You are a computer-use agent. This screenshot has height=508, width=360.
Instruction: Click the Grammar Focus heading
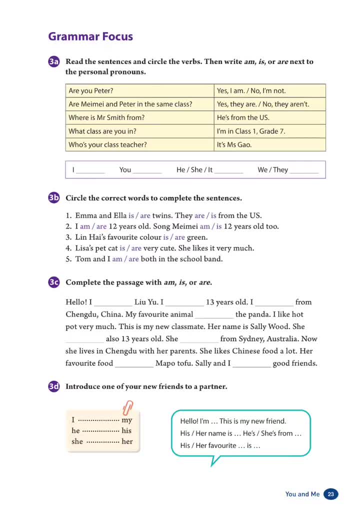click(x=90, y=36)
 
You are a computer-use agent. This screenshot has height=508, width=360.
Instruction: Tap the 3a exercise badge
click(x=54, y=62)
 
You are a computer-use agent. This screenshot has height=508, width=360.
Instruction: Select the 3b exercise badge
click(x=54, y=198)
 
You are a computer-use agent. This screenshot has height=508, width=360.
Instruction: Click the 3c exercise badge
click(x=54, y=282)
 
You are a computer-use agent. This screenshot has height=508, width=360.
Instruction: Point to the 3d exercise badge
click(x=54, y=386)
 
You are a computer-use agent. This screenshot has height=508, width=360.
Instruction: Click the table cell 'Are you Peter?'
click(x=140, y=91)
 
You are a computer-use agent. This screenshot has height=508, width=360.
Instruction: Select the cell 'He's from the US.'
click(x=270, y=118)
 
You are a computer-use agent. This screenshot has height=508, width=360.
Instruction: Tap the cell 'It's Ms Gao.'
click(x=270, y=145)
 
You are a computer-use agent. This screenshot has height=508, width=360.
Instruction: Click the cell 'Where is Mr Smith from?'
click(x=140, y=118)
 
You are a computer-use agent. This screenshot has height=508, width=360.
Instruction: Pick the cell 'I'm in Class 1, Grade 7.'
click(x=270, y=131)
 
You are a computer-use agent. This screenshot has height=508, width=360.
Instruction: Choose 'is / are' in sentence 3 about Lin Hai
click(x=174, y=237)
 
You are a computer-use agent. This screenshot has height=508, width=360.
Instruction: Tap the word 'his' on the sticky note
click(x=126, y=430)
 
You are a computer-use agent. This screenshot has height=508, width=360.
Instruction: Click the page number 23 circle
click(x=330, y=494)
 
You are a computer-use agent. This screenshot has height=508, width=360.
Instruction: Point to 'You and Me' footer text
click(x=302, y=494)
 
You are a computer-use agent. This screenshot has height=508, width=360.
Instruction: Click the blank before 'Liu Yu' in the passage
click(x=113, y=303)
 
